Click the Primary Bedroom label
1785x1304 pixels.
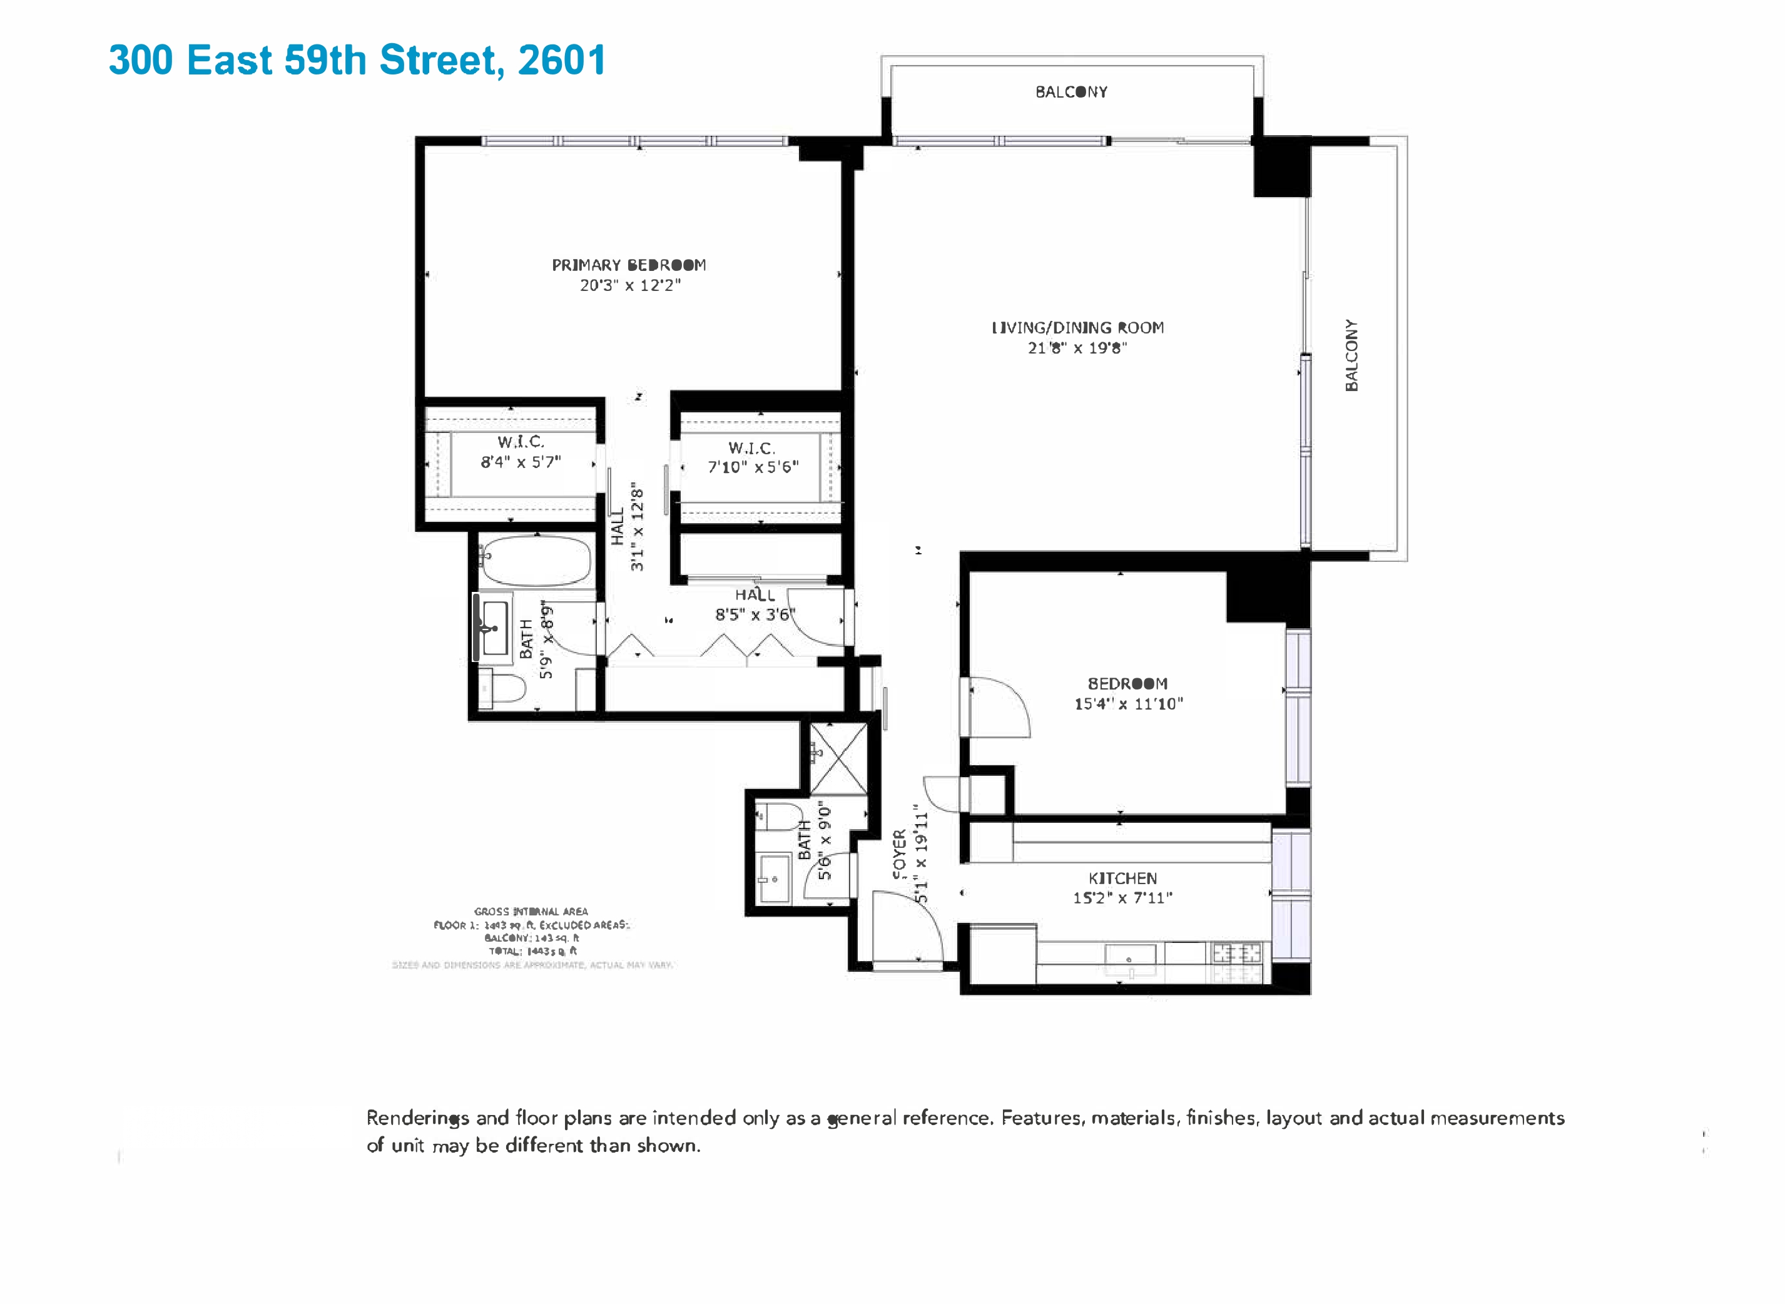(x=628, y=265)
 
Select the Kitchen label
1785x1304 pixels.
(x=1122, y=879)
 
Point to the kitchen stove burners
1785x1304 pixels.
(x=1236, y=954)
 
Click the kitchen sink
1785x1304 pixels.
(x=1130, y=957)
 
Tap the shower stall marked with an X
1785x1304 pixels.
(x=838, y=758)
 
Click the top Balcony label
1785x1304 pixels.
(x=1071, y=93)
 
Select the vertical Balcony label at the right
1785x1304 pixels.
(x=1352, y=355)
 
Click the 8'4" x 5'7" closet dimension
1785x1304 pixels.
(x=521, y=462)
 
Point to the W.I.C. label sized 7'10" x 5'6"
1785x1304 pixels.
(x=751, y=449)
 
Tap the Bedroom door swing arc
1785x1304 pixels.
(x=1002, y=706)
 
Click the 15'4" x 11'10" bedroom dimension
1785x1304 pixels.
(x=1129, y=704)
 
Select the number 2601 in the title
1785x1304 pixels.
(x=562, y=60)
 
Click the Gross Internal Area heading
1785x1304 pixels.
(x=531, y=912)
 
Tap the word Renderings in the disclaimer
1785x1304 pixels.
(x=417, y=1119)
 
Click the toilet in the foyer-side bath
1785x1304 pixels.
(x=779, y=816)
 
